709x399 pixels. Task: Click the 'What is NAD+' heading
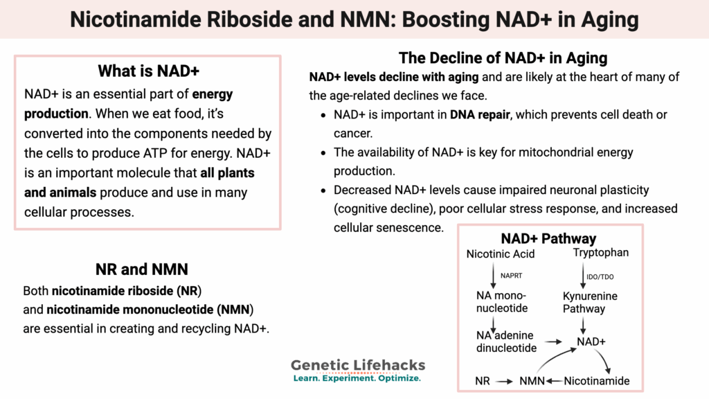[149, 71]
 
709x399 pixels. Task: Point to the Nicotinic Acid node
[501, 254]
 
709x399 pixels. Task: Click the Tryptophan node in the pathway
[601, 253]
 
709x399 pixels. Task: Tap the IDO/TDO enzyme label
[600, 276]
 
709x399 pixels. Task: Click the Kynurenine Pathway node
[589, 303]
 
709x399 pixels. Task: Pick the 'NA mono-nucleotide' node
[501, 302]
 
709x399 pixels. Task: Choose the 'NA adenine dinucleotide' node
[506, 342]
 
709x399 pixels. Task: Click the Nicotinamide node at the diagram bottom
[597, 381]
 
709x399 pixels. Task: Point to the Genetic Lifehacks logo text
[358, 365]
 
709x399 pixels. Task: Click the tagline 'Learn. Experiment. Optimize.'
[357, 379]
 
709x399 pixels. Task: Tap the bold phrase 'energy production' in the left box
[129, 104]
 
